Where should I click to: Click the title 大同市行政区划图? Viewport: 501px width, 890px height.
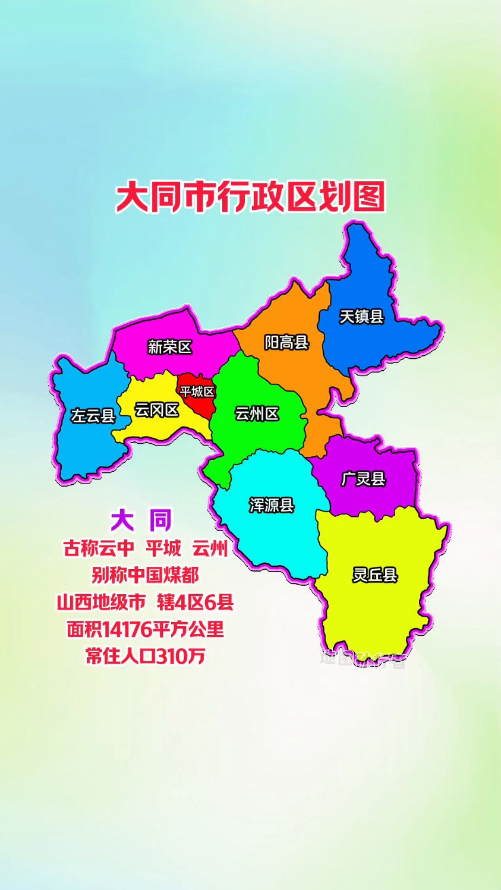(x=250, y=197)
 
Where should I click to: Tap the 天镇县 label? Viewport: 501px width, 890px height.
(x=361, y=317)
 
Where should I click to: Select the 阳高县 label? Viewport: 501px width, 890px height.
(x=286, y=342)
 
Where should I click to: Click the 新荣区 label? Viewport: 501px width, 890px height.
(x=170, y=346)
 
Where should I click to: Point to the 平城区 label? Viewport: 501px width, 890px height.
(x=197, y=392)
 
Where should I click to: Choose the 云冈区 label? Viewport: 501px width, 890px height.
(x=156, y=410)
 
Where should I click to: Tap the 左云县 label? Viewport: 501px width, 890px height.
(x=93, y=415)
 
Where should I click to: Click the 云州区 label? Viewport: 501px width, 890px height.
(x=257, y=414)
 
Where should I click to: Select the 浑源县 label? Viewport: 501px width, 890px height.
(x=272, y=505)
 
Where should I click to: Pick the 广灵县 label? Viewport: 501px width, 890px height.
(x=363, y=479)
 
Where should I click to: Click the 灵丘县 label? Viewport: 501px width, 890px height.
(x=374, y=575)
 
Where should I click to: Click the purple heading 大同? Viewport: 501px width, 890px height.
(x=141, y=520)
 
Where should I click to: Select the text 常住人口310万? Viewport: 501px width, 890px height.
(x=146, y=656)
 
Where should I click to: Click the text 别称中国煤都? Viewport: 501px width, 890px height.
(x=146, y=575)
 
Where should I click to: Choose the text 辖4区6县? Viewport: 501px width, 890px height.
(x=196, y=602)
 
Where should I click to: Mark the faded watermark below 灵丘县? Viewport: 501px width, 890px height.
(x=363, y=658)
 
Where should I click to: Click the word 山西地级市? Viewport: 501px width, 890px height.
(x=101, y=602)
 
